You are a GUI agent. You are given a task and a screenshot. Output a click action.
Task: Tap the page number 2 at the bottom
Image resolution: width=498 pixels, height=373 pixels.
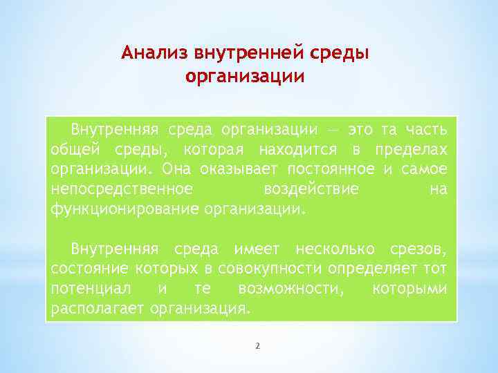pos(257,345)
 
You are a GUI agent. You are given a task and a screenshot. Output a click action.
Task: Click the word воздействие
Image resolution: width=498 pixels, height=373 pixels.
pos(311,189)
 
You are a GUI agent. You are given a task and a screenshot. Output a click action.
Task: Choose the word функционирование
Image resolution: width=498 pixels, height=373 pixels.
pos(125,209)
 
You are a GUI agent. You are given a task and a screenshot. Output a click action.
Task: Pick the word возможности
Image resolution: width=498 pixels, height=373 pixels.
pos(290,288)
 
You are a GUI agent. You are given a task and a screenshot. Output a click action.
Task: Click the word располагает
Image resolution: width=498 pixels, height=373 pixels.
pos(96,308)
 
